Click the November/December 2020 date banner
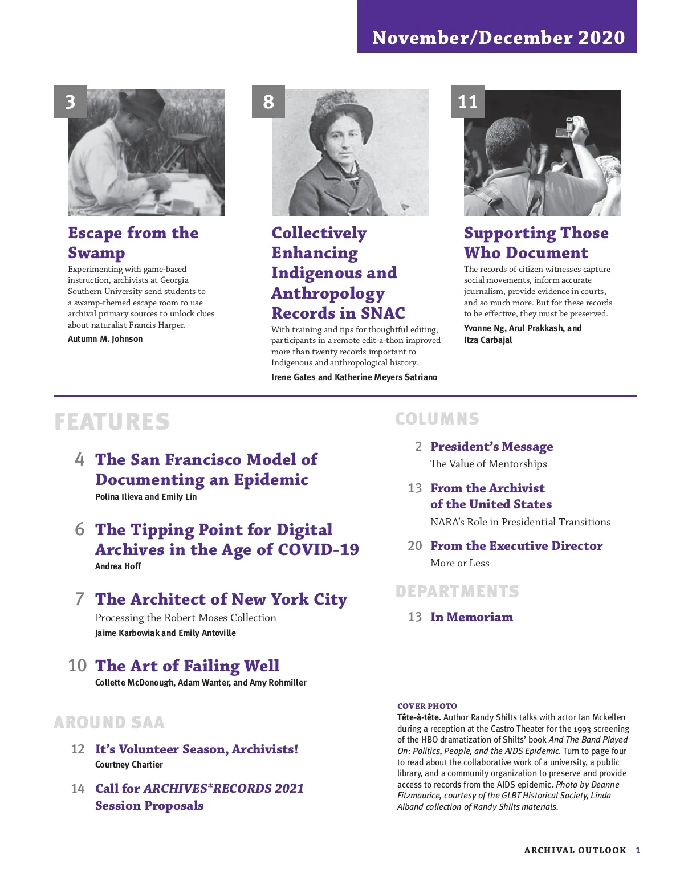(x=498, y=37)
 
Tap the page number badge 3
(x=70, y=101)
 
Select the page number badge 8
(x=268, y=101)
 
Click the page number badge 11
(x=467, y=101)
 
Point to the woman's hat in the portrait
(x=341, y=113)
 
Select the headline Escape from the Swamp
(x=133, y=242)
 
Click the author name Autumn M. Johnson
(x=105, y=339)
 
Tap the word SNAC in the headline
(x=383, y=313)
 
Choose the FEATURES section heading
(x=112, y=422)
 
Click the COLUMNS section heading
(x=437, y=419)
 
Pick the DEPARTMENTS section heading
(x=457, y=592)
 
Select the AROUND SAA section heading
(x=109, y=723)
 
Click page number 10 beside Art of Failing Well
(x=78, y=666)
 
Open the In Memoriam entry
(x=471, y=617)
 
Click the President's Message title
(x=491, y=446)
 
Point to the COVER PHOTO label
(x=427, y=706)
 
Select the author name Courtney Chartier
(x=129, y=765)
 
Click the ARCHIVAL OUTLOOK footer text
(x=575, y=850)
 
